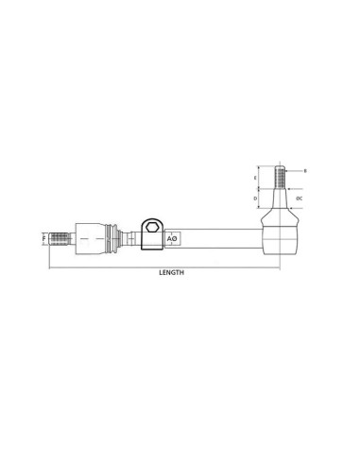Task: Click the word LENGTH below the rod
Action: click(171, 272)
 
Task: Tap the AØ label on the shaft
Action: click(172, 240)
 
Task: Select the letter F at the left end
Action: click(43, 239)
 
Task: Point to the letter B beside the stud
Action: click(304, 171)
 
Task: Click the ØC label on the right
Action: click(299, 199)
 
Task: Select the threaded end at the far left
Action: click(60, 239)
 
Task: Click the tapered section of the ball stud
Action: click(279, 200)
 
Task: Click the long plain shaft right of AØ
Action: click(217, 239)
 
